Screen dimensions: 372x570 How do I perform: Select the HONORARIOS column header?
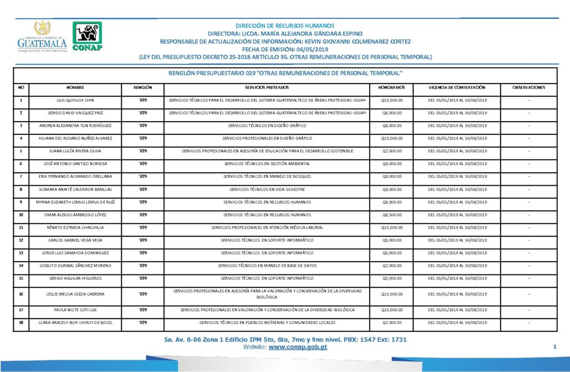coord(391,88)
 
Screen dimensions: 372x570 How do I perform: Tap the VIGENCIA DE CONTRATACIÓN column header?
coord(457,88)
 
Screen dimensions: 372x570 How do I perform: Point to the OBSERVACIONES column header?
coord(529,88)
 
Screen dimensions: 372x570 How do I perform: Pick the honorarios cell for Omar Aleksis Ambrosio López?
coord(391,215)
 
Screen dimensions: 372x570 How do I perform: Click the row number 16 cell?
coord(21,293)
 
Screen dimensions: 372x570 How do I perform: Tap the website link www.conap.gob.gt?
coord(298,347)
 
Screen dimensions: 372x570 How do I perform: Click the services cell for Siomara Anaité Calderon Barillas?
coord(267,190)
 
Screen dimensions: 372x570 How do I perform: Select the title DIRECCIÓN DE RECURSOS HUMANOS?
coord(285,26)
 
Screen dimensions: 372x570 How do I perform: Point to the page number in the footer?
coord(554,347)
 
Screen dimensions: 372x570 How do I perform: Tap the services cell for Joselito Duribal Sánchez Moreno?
coord(267,265)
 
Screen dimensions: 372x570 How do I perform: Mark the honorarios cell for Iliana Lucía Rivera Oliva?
coord(391,151)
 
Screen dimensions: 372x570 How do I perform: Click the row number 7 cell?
coord(21,177)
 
